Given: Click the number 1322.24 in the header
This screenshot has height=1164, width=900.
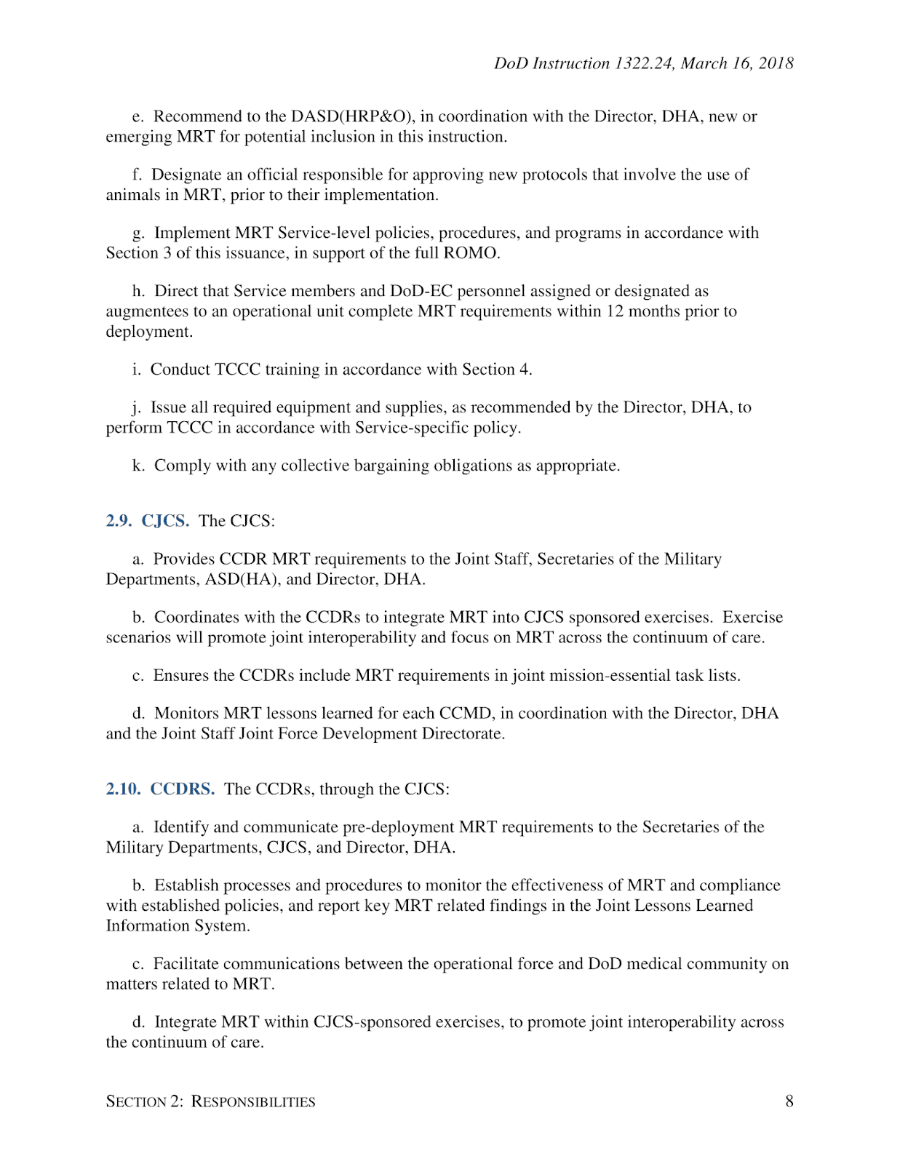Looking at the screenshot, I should coord(644,64).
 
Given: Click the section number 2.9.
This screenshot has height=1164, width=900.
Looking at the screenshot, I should coord(119,521).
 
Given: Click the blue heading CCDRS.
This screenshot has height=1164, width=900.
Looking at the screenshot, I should coord(182,789).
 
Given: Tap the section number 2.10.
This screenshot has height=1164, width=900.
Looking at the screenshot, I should coord(123,789).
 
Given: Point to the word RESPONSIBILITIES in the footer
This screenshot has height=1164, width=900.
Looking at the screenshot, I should coord(253,1101).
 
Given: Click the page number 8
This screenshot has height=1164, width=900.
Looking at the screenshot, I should coord(789,1101).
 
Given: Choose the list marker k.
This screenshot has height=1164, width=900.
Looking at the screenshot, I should coord(138,466).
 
